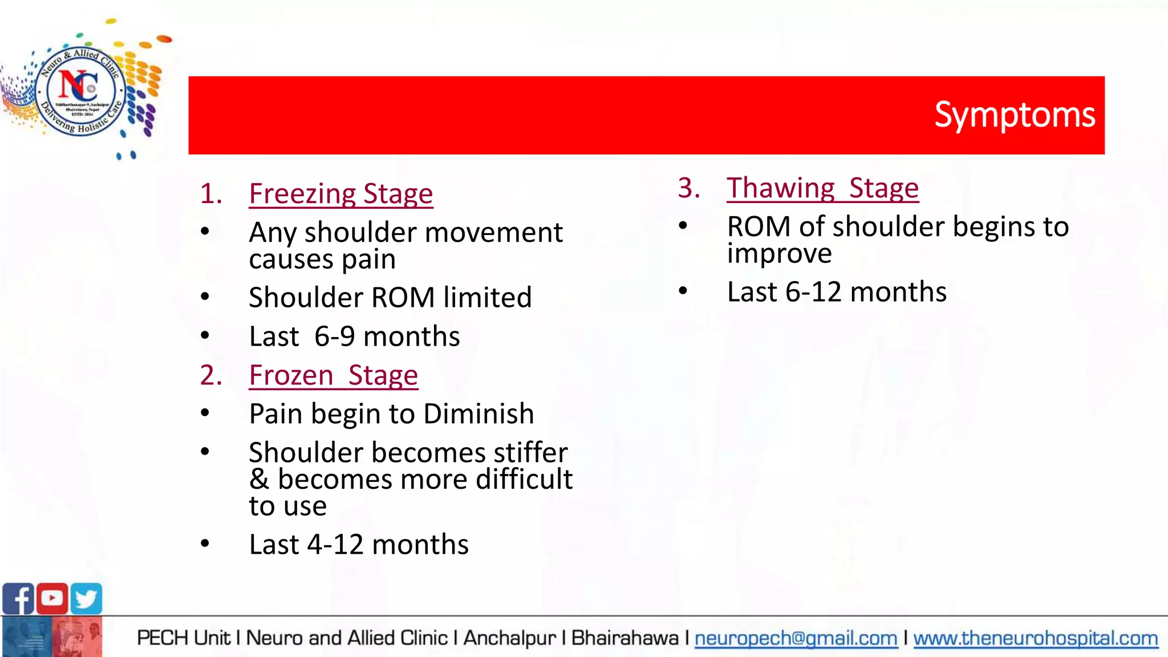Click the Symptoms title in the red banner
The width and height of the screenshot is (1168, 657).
(1014, 115)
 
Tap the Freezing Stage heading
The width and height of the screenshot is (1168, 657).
(341, 194)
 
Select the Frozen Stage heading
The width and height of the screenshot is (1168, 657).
(334, 375)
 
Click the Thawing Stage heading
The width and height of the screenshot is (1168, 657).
(822, 188)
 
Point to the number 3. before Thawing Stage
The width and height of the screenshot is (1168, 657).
(688, 188)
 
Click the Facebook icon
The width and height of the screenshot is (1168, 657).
(18, 599)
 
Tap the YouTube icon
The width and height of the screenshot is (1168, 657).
(52, 598)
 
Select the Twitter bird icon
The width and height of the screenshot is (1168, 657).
(87, 599)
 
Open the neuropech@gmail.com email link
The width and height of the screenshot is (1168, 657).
(796, 638)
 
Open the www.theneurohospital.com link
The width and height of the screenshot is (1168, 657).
(1036, 638)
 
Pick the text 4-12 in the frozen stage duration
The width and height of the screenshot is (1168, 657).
(335, 545)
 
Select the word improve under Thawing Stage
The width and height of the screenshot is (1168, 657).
(779, 254)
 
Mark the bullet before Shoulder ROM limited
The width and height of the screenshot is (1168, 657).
(205, 297)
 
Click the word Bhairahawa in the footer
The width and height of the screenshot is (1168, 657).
(624, 638)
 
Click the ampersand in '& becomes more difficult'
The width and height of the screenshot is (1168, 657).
(259, 480)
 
